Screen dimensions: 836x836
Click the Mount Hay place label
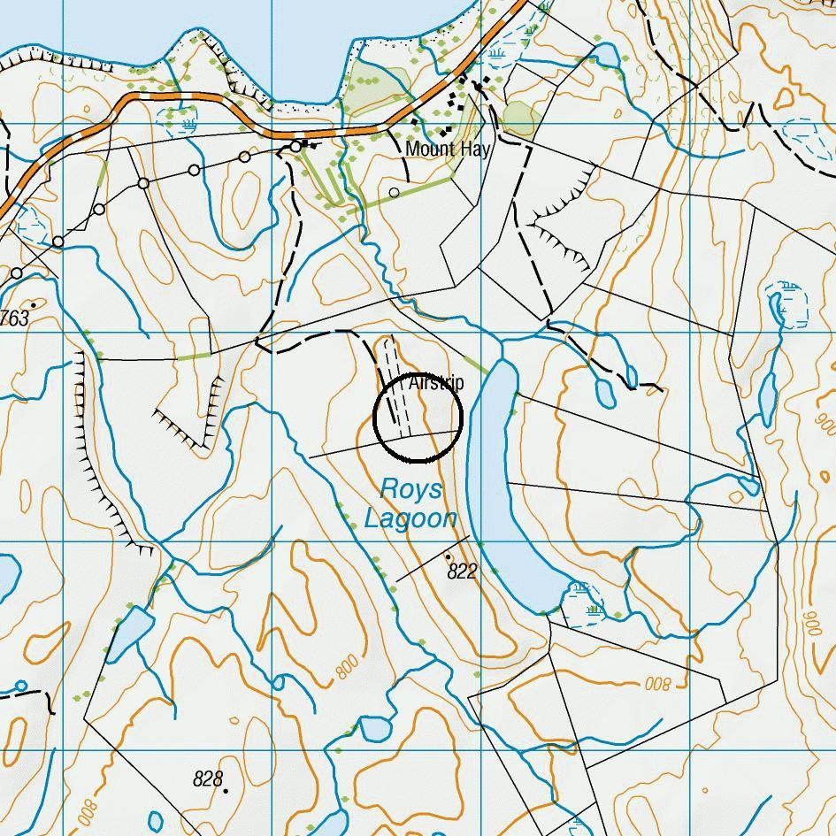click(447, 149)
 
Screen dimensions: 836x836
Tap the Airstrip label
click(436, 383)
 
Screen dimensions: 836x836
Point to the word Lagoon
click(410, 518)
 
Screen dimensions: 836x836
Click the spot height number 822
click(462, 571)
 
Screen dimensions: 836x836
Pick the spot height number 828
click(207, 778)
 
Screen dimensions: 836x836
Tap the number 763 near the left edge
click(15, 318)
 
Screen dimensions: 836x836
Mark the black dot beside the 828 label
click(226, 790)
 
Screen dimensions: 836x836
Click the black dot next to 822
click(448, 556)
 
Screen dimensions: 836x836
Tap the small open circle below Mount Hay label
click(395, 192)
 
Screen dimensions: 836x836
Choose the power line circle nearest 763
click(16, 274)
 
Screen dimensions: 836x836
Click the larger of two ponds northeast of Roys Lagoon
click(606, 391)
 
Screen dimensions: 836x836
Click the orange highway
click(177, 100)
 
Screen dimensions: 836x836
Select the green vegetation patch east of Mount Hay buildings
click(519, 119)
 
